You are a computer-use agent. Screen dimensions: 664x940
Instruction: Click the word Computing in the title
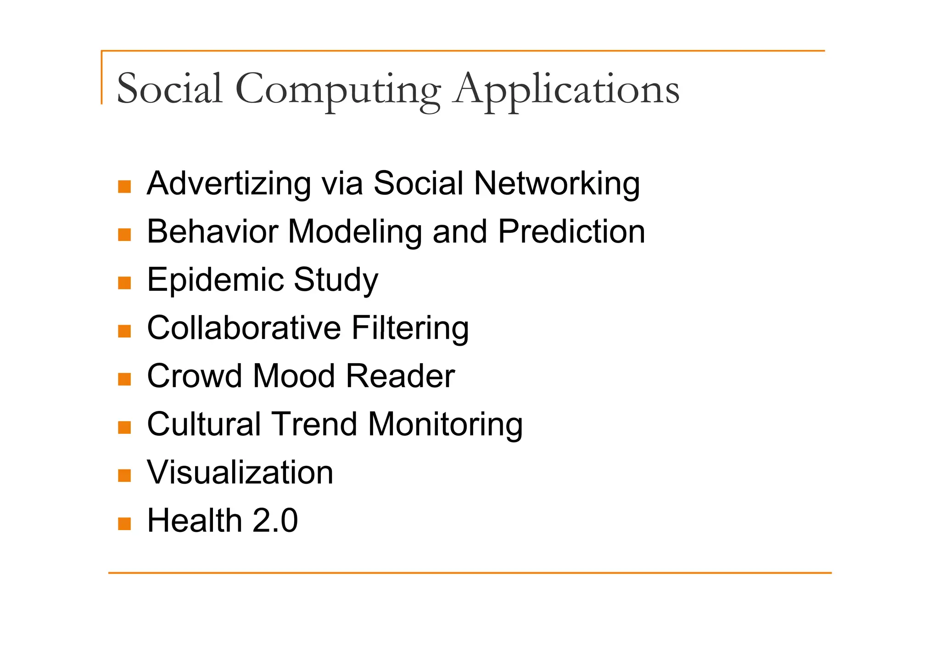[338, 89]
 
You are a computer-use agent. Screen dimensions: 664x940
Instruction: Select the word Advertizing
[229, 183]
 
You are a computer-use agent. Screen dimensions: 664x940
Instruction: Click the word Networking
[557, 183]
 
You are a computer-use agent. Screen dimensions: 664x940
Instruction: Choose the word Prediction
[571, 232]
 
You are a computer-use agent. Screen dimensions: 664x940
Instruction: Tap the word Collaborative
[244, 328]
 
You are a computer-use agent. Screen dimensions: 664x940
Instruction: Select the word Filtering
[410, 328]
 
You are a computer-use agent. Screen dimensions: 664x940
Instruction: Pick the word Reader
[400, 376]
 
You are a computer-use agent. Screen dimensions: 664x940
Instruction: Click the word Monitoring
[445, 424]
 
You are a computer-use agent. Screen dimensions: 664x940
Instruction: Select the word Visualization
[240, 472]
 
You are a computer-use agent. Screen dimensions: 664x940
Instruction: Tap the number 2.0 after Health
[275, 520]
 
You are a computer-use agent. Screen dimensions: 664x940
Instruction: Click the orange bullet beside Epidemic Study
[124, 283]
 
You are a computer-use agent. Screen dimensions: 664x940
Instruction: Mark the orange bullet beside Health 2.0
[124, 524]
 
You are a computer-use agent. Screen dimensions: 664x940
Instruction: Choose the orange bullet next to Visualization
[124, 476]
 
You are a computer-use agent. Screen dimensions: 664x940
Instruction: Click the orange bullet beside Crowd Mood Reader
[124, 379]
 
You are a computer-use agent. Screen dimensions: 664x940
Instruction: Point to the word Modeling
[355, 232]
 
